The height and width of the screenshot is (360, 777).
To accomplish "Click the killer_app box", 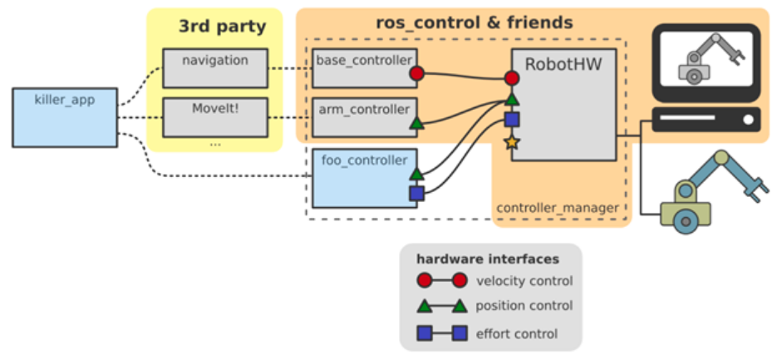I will (x=65, y=117).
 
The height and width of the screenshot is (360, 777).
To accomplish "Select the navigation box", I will (x=215, y=67).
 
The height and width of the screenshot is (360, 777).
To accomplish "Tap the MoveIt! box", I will (x=215, y=117).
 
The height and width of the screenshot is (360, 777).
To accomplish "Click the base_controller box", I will (x=361, y=67).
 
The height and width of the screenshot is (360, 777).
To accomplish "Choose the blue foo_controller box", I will (x=364, y=176).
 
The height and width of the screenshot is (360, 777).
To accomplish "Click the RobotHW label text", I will (x=563, y=65).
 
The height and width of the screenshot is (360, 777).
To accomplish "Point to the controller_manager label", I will (x=558, y=206).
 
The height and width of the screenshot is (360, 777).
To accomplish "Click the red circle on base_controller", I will (x=417, y=74).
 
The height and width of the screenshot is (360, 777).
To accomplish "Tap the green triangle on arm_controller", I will (x=417, y=124).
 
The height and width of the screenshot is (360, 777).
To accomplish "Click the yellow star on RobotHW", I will (x=511, y=142).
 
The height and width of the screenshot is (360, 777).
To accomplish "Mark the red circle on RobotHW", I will (x=512, y=79).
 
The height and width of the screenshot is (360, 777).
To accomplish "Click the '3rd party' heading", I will (x=222, y=27).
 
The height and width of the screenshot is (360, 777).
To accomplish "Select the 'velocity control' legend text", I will (x=524, y=281).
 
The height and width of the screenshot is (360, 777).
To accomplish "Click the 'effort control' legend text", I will (x=517, y=334).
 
